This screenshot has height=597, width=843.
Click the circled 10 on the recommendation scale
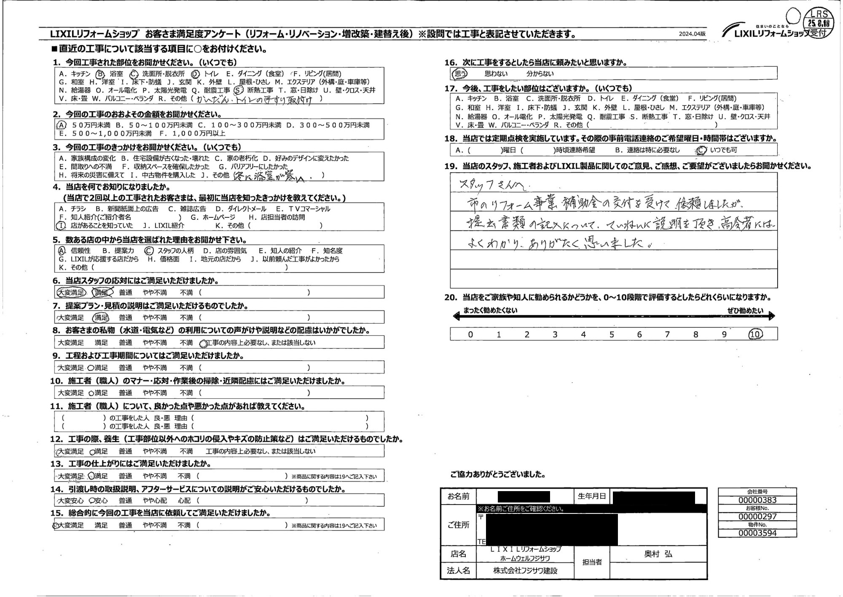pyautogui.click(x=755, y=334)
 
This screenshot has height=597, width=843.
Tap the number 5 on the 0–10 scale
pyautogui.click(x=611, y=335)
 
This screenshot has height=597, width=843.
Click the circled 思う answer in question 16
pyautogui.click(x=459, y=74)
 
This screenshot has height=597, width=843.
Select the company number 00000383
pyautogui.click(x=757, y=500)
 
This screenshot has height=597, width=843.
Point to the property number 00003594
pyautogui.click(x=757, y=533)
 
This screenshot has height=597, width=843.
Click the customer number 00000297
pyautogui.click(x=757, y=516)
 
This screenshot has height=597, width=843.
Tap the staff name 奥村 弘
pyautogui.click(x=658, y=554)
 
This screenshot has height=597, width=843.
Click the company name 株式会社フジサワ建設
pyautogui.click(x=525, y=570)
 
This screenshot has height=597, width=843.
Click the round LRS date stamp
pyautogui.click(x=819, y=23)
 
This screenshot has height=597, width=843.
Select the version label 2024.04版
pyautogui.click(x=692, y=34)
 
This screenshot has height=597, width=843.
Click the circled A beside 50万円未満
pyautogui.click(x=62, y=125)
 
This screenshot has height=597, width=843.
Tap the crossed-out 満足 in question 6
pyautogui.click(x=103, y=292)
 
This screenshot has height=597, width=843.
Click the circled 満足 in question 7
pyautogui.click(x=101, y=317)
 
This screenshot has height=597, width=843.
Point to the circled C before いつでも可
pyautogui.click(x=701, y=150)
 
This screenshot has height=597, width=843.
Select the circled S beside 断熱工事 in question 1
pyautogui.click(x=239, y=90)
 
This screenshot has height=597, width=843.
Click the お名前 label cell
pyautogui.click(x=458, y=496)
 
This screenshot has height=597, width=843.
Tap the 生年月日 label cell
pyautogui.click(x=591, y=496)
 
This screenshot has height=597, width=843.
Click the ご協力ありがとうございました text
pyautogui.click(x=498, y=475)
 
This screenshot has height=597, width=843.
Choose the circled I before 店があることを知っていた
pyautogui.click(x=62, y=226)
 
